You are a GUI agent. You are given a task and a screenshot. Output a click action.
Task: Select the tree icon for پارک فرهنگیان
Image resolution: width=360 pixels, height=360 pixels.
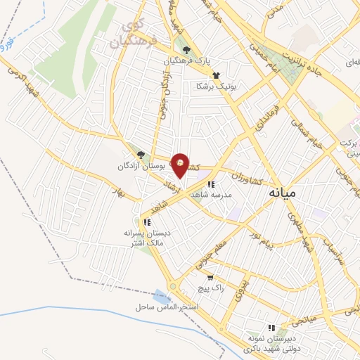click(x=186, y=49)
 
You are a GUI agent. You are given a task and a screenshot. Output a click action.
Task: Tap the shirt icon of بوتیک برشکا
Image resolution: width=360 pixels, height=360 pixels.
click(x=215, y=75)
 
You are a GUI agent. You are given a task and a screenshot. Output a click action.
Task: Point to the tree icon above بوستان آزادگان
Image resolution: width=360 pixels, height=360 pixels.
click(x=141, y=155)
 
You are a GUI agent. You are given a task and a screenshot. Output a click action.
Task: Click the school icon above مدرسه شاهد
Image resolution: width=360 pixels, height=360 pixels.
click(x=211, y=184)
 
